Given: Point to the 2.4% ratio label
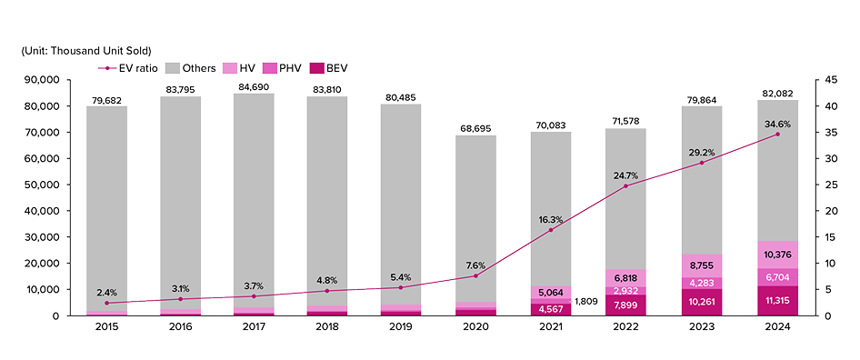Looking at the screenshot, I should click(x=106, y=292).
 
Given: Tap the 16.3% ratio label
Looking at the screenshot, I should click(x=551, y=219).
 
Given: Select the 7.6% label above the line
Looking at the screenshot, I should click(x=475, y=265).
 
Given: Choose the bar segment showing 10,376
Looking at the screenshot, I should click(x=777, y=255).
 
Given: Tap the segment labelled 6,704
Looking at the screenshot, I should click(x=777, y=276).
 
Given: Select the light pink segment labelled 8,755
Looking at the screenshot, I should click(x=702, y=265).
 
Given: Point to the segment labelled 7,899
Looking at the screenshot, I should click(x=626, y=305).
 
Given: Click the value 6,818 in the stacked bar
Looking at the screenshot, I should click(x=626, y=278).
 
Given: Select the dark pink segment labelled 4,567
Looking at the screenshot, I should click(x=551, y=309).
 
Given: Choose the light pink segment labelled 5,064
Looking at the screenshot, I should click(x=551, y=293).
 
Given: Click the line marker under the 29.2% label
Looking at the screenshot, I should click(x=701, y=163).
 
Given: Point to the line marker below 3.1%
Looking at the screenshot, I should click(x=181, y=299).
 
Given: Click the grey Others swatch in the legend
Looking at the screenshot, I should click(x=174, y=68).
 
